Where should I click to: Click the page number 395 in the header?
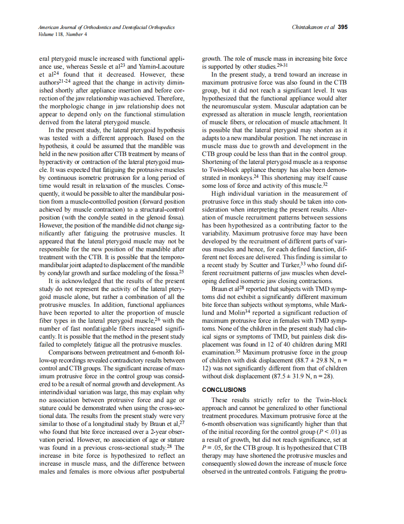pyautogui.click(x=342, y=27)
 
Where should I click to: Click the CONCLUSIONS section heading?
pyautogui.click(x=224, y=389)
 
